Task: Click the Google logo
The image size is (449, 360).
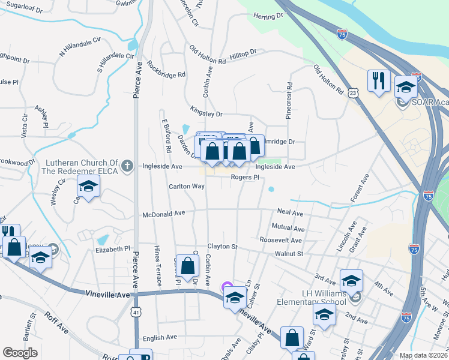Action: (20, 353)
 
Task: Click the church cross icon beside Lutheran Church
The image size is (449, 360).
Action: (127, 166)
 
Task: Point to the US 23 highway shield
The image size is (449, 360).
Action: (353, 93)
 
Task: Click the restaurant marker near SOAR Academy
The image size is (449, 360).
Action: (378, 82)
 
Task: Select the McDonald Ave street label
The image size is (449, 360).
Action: (164, 214)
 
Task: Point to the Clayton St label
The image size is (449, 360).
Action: (223, 247)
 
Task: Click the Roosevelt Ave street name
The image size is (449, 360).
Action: (281, 240)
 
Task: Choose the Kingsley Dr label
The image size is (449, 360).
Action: (206, 113)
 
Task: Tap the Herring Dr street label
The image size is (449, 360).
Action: (268, 17)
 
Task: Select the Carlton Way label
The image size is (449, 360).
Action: (187, 187)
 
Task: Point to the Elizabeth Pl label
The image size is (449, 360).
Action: (113, 248)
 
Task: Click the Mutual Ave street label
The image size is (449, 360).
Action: (288, 228)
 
